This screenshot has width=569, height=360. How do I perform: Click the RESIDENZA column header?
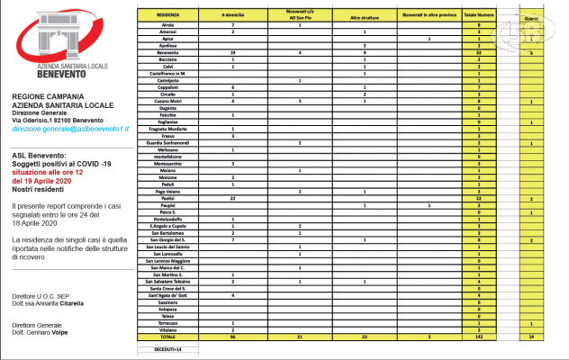[167, 16]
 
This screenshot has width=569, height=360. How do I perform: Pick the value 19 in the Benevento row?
[233, 53]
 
